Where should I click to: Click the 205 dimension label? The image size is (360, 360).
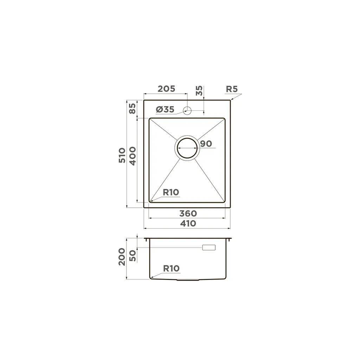[166, 89]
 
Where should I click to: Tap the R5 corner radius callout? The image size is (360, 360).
[232, 89]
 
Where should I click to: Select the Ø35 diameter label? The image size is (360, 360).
[165, 110]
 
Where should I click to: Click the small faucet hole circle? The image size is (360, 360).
[187, 110]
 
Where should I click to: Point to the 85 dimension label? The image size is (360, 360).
[133, 108]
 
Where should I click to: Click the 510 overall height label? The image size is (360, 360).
[122, 155]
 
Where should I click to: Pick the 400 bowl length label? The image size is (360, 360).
[133, 156]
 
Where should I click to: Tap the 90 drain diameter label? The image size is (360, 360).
[206, 144]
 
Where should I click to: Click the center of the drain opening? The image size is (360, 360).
[187, 148]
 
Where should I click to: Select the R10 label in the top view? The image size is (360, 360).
[171, 192]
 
